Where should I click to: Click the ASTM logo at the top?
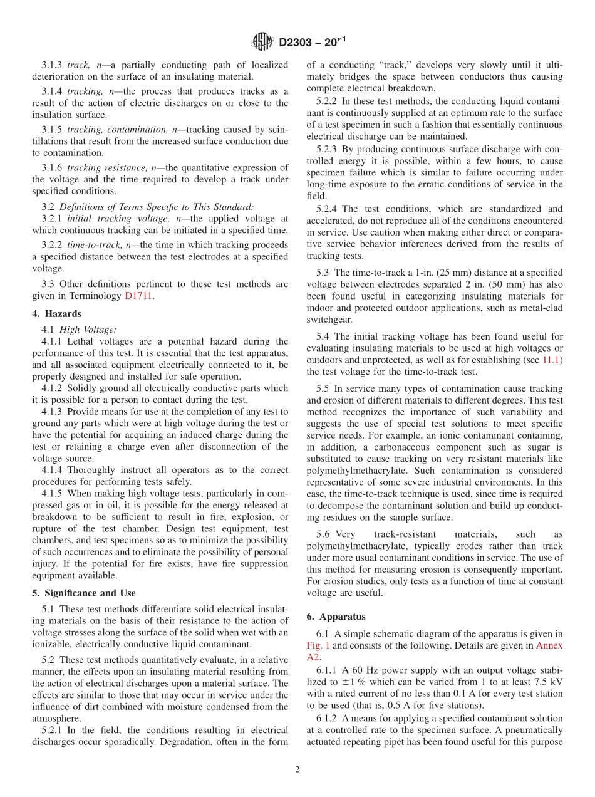point(262,42)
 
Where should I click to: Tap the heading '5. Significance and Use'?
point(84,593)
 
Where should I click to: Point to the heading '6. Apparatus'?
point(336,616)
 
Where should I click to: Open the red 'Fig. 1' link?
point(318,645)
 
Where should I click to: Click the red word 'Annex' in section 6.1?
point(549,645)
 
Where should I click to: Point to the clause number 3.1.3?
point(53,65)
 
